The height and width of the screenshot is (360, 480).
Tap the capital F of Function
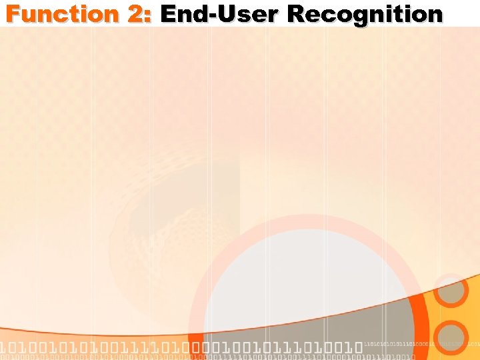click(x=13, y=13)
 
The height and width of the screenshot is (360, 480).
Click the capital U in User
click(x=221, y=13)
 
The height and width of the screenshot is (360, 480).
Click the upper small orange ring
click(x=451, y=291)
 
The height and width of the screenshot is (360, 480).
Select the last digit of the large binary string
click(x=357, y=347)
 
